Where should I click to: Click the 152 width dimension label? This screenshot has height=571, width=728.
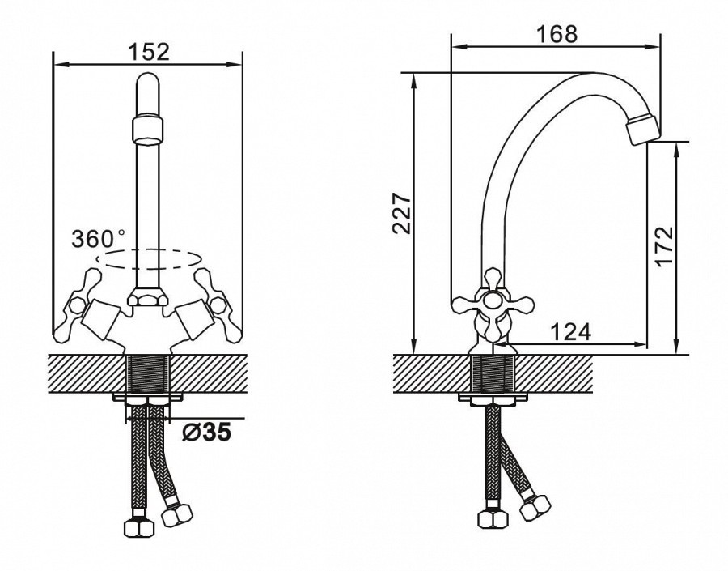coord(149,52)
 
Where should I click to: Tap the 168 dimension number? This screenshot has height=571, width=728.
coord(557,34)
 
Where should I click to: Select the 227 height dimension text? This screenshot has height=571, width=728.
coord(402,214)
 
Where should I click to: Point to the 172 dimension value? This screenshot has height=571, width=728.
coord(666,246)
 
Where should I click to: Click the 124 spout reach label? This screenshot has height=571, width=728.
coord(570,331)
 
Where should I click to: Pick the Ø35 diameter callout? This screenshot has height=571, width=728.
coord(206,433)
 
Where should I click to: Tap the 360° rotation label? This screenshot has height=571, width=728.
coord(99,239)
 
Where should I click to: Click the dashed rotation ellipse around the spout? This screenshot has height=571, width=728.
coord(148,259)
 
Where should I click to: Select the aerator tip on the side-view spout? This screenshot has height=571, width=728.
coord(642,130)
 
